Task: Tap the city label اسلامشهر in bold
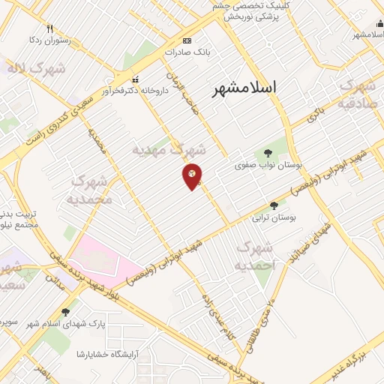(244, 88)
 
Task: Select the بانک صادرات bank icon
(187, 40)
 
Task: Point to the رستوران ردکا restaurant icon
(49, 28)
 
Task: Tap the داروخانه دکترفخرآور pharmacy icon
(135, 79)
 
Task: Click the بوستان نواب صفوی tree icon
(268, 153)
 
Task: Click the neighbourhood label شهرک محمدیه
(89, 190)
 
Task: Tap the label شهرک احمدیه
(256, 256)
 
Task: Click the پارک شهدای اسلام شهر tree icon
(65, 312)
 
